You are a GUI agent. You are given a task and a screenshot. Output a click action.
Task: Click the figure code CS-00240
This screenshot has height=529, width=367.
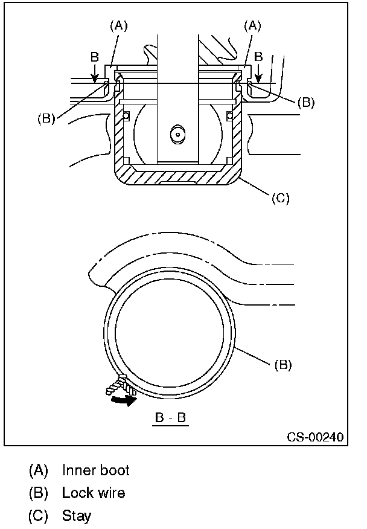coord(315,437)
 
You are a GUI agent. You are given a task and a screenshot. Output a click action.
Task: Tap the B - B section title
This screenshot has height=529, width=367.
coord(170,418)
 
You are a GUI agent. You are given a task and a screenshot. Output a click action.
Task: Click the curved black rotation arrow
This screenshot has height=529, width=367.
coord(124,400)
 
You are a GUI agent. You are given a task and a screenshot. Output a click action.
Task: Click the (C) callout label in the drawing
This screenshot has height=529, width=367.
coord(281,198)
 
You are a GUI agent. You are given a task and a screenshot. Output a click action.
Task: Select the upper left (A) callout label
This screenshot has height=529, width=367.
coord(119,25)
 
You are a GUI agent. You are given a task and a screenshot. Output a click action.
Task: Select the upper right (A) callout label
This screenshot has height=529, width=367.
coord(252,25)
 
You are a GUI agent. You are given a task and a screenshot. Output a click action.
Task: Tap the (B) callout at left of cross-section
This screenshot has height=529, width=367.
coord(46,118)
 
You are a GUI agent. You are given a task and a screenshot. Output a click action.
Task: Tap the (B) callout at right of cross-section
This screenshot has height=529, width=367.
coord(306,102)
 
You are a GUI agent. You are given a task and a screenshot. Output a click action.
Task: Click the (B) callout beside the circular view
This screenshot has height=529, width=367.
coord(282,365)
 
